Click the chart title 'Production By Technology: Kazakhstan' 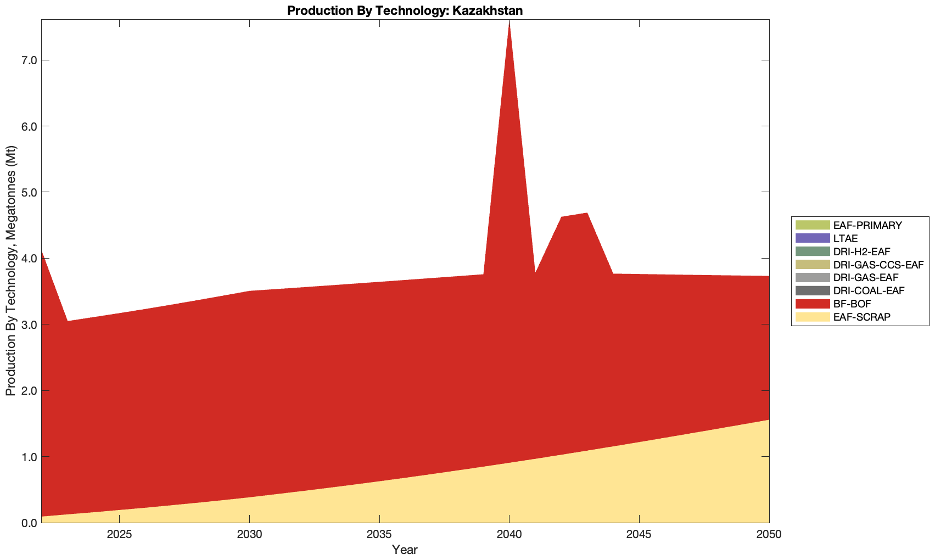coord(405,10)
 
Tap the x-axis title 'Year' coord(405,550)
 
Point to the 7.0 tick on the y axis coord(28,60)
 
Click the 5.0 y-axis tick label coord(28,193)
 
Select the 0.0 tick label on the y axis coord(28,523)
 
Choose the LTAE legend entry coord(845,238)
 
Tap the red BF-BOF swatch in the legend coord(811,304)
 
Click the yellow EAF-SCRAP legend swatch coord(811,317)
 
